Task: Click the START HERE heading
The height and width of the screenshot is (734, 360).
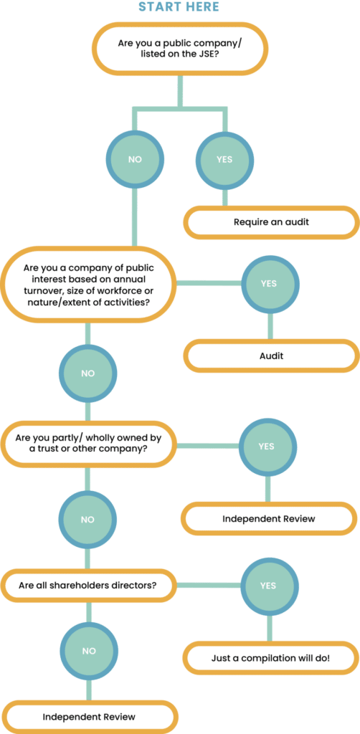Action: (x=179, y=6)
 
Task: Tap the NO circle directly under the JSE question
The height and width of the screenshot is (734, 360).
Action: (x=135, y=158)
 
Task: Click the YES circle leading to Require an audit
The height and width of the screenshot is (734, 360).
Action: (x=224, y=158)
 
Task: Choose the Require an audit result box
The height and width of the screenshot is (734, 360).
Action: (x=271, y=222)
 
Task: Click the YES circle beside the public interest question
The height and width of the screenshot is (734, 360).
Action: (x=269, y=283)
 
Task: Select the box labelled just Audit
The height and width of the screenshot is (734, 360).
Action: (x=271, y=356)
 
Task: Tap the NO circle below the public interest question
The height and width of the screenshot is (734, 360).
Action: (x=87, y=373)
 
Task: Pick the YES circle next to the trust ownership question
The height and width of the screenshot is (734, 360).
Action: (x=266, y=446)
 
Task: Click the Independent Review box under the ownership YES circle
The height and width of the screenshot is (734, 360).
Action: (x=268, y=518)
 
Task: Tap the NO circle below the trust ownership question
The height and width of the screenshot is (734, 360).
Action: (x=87, y=519)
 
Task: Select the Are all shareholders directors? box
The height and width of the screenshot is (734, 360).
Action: (x=87, y=585)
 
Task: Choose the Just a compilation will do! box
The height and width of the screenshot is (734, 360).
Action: (x=271, y=658)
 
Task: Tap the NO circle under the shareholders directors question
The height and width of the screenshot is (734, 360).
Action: (x=88, y=651)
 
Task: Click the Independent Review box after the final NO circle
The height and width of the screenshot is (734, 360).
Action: (x=88, y=717)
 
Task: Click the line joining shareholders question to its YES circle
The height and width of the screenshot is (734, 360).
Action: (x=208, y=585)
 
